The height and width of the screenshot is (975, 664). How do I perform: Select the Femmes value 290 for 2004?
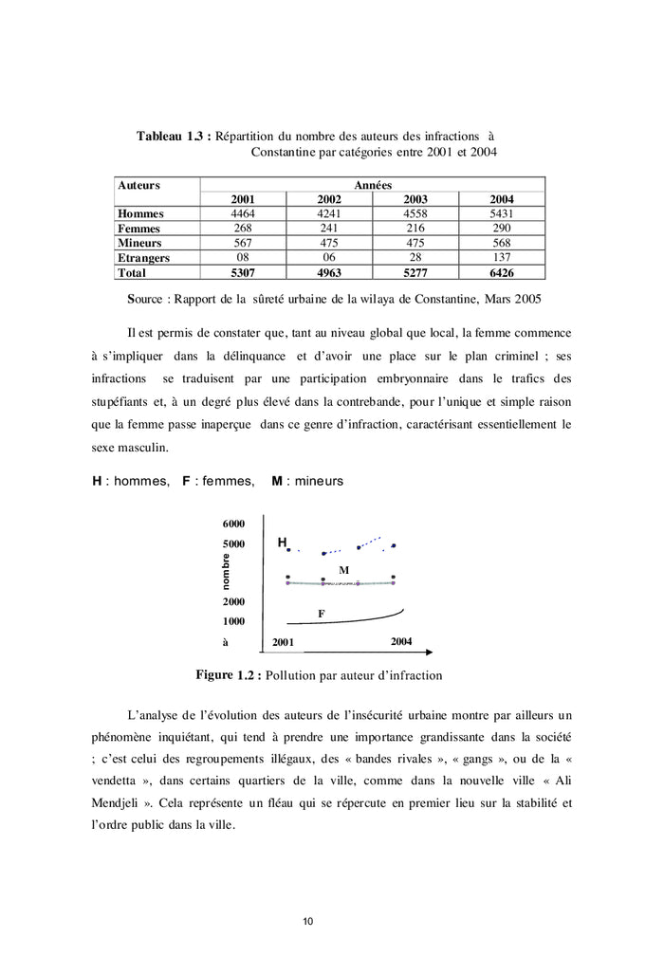502,229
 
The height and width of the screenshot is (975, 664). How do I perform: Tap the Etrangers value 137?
502,258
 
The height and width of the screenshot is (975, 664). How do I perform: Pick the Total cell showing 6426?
502,273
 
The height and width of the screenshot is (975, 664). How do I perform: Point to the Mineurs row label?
138,243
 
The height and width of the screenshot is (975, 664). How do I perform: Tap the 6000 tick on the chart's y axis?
234,524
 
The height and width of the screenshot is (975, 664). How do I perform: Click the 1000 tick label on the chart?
234,622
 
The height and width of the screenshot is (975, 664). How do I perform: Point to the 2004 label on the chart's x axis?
401,642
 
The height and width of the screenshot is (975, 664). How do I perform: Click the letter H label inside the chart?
282,543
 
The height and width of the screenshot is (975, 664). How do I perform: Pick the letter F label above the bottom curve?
321,615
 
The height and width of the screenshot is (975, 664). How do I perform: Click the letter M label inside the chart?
344,570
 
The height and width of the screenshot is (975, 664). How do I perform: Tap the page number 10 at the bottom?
308,921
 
